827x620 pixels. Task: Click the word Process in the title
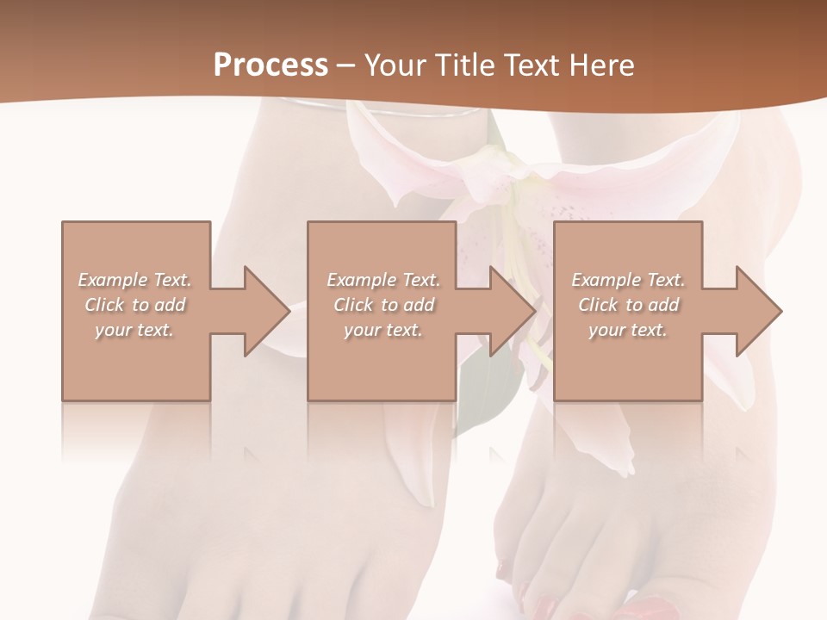270,65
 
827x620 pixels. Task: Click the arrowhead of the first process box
264,311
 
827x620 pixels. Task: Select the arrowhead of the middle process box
510,311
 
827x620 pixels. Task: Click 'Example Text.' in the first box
135,280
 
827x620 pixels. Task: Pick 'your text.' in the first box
135,330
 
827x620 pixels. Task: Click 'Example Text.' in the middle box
383,280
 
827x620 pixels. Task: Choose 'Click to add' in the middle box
383,305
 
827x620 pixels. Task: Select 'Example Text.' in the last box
628,280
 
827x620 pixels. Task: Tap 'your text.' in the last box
628,330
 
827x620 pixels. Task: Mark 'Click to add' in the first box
135,305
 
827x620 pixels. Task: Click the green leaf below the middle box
487,387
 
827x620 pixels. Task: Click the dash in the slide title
346,65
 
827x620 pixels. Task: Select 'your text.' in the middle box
383,330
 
